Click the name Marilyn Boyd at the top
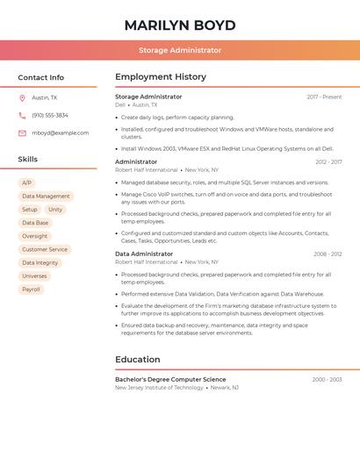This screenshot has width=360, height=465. click(x=179, y=25)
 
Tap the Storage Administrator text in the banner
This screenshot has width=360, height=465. click(x=179, y=50)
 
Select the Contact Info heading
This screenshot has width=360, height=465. click(x=41, y=77)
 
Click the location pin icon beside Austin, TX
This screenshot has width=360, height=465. click(x=22, y=98)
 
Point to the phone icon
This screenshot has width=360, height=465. click(x=22, y=116)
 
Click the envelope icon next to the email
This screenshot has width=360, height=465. click(x=22, y=133)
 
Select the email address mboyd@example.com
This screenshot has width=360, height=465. click(x=61, y=133)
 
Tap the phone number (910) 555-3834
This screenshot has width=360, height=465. click(x=50, y=116)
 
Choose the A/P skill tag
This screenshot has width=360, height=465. click(x=27, y=183)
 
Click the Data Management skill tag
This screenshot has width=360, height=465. click(x=46, y=197)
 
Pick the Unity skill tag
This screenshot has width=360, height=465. click(x=55, y=210)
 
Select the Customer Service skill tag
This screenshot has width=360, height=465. click(x=45, y=249)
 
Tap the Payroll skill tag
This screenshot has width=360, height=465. click(x=31, y=290)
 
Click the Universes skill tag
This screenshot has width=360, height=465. click(x=34, y=276)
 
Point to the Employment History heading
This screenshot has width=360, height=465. click(x=161, y=77)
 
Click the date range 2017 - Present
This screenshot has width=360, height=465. click(x=324, y=97)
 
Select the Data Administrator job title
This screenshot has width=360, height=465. click(x=144, y=254)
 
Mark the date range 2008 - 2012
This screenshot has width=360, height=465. click(x=328, y=254)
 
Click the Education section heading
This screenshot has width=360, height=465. click(x=138, y=360)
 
